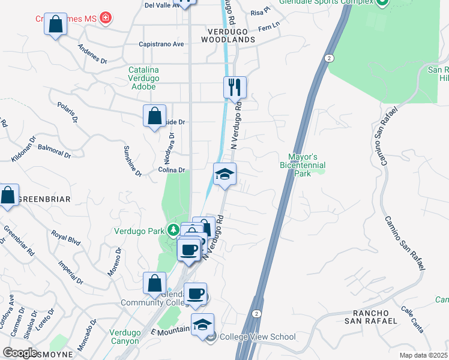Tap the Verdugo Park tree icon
[173, 230]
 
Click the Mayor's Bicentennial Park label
[303, 165]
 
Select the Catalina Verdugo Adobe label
[143, 78]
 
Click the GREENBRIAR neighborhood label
[45, 199]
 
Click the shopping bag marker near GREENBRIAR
[8, 195]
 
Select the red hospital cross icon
[106, 18]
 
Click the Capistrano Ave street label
[161, 44]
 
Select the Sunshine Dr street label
[132, 161]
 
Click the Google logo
[20, 353]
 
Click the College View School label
[258, 337]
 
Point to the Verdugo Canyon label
[125, 337]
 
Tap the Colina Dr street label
[172, 170]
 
